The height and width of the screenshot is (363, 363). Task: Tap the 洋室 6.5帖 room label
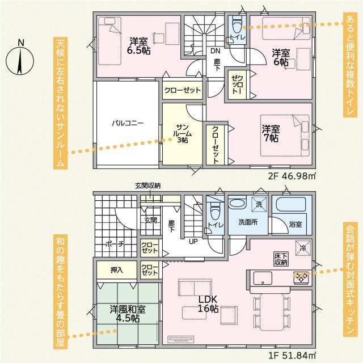[138, 46]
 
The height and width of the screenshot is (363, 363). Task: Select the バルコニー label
[128, 123]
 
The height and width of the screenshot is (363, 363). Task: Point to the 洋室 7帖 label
[271, 134]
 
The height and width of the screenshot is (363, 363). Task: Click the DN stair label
[216, 51]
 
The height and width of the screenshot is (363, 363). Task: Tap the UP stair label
[193, 242]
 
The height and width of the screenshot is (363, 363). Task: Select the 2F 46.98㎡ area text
[292, 176]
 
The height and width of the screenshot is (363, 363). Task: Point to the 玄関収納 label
[148, 185]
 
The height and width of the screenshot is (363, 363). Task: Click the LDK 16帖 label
[208, 304]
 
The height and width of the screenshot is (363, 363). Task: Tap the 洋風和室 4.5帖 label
[128, 314]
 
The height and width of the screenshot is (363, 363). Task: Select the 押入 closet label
[117, 270]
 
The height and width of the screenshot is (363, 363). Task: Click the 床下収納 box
[281, 259]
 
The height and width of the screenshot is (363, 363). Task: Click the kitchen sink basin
[263, 278]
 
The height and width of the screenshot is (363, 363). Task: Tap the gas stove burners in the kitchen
[301, 277]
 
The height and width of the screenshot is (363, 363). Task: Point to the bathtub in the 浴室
[291, 204]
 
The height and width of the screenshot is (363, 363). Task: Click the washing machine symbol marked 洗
[259, 204]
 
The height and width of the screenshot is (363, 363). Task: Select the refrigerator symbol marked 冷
[303, 248]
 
